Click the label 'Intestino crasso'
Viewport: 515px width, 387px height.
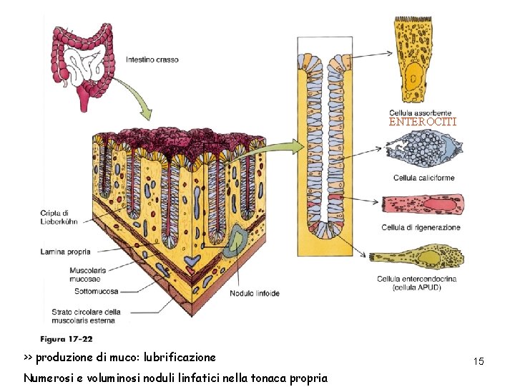152,59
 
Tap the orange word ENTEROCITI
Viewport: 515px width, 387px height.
422,123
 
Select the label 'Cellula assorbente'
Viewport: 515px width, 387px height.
420,113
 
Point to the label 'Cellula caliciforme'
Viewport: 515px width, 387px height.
423,178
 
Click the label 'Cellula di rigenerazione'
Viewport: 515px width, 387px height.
421,228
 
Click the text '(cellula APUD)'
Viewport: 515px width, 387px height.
416,287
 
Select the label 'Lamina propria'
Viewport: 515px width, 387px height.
70,252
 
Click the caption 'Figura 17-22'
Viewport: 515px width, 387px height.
67,339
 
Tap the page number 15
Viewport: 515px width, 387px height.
479,361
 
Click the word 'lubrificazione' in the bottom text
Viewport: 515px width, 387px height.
180,357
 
